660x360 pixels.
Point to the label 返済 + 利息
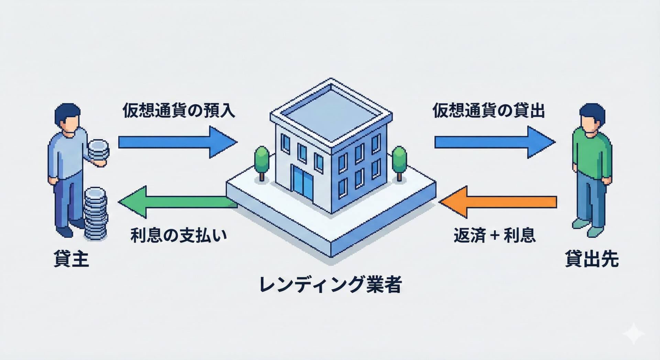tap(494, 236)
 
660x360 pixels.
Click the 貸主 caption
tap(71, 259)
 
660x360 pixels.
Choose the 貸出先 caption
tap(592, 259)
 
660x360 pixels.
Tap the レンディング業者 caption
tap(330, 285)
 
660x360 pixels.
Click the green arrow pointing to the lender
tap(172, 202)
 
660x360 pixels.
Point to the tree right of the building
tap(399, 161)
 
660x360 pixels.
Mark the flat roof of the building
tap(331, 110)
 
